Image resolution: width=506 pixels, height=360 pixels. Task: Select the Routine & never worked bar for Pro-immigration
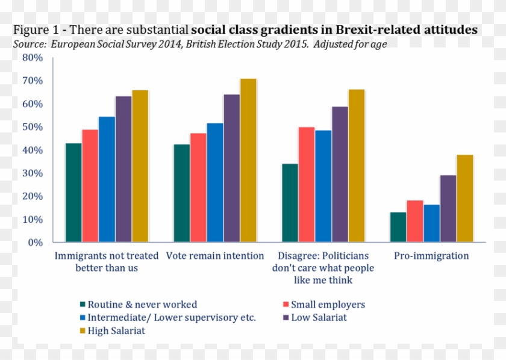398,227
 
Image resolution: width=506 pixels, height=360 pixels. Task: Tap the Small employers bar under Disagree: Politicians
306,184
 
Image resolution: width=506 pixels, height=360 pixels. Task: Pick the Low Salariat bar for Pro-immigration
448,208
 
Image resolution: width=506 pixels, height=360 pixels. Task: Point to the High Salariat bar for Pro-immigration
464,199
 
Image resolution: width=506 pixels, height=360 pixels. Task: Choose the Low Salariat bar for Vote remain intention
231,169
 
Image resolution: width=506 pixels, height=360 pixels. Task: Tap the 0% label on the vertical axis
36,243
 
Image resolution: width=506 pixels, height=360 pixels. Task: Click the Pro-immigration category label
431,256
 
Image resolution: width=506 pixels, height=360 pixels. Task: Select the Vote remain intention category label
215,256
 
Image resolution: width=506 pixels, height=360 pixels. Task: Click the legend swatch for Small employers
287,305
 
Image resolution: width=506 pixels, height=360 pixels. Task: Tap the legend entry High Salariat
116,331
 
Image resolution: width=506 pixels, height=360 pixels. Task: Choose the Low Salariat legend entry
319,317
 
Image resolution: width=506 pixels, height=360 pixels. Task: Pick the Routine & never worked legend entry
142,305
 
